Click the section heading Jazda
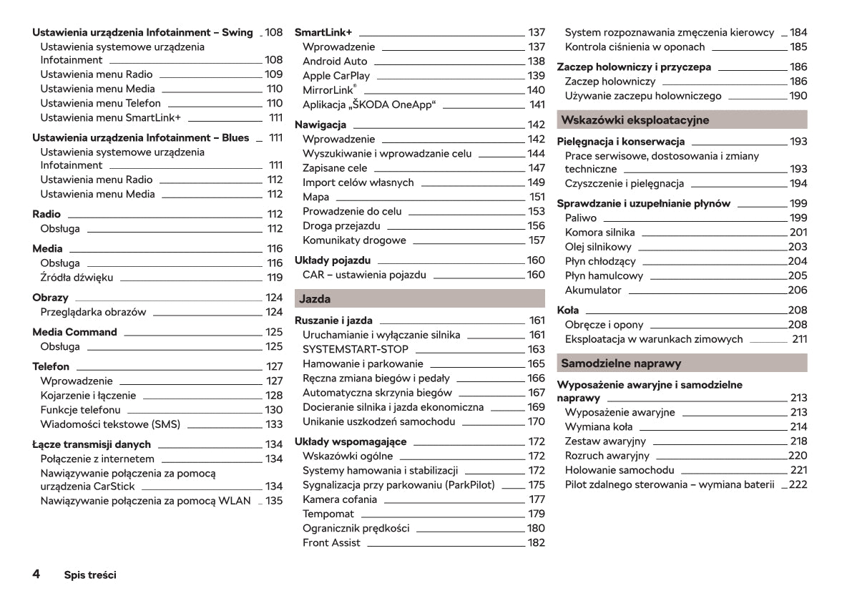click(315, 299)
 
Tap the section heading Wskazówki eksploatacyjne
click(635, 120)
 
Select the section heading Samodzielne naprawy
click(620, 363)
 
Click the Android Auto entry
click(335, 62)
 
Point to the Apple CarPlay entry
click(336, 76)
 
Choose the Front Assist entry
click(331, 543)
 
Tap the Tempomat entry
click(328, 514)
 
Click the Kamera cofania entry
click(340, 499)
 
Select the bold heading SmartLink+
click(323, 33)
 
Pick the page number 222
click(798, 485)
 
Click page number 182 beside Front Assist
click(536, 543)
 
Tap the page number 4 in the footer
click(36, 574)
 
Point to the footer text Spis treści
click(90, 575)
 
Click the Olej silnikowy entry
click(599, 247)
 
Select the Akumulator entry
click(593, 290)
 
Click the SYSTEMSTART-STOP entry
click(356, 349)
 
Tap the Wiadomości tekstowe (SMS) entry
click(111, 424)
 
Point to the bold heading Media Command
click(74, 332)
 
